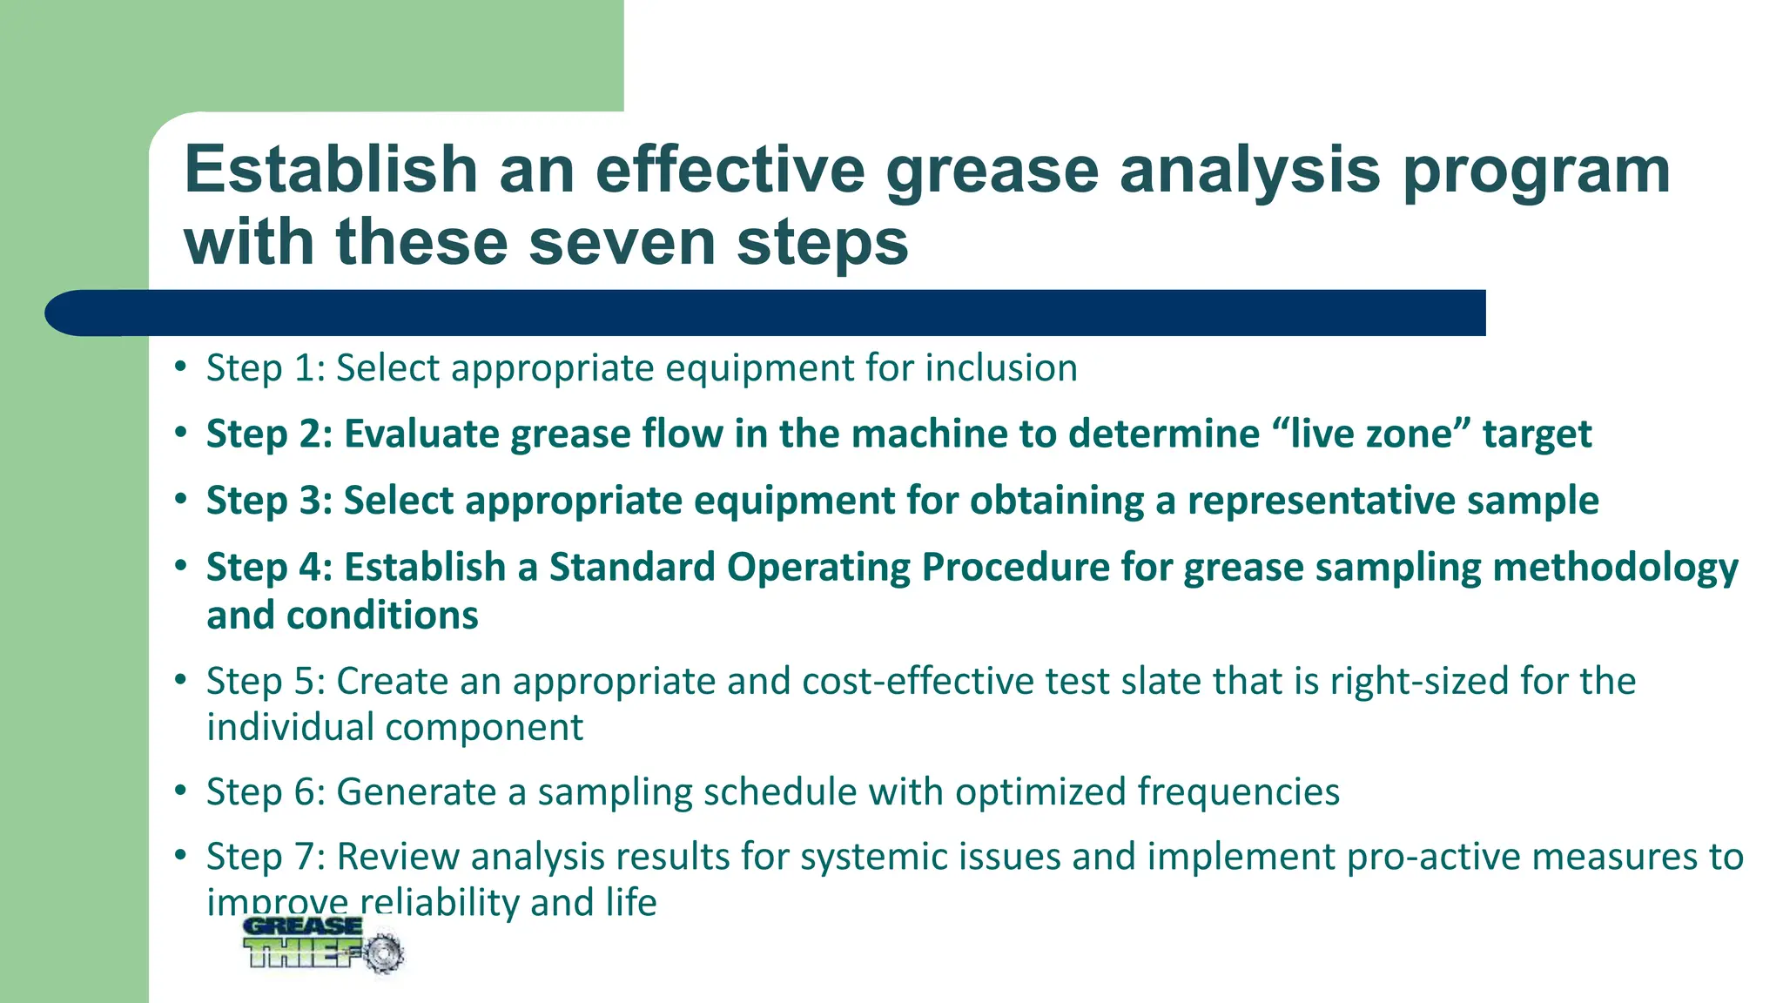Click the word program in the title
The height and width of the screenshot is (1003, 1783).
click(1536, 171)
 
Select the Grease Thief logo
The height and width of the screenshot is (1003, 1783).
click(322, 944)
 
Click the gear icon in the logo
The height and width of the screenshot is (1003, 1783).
click(382, 953)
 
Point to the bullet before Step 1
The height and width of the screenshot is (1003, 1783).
click(180, 367)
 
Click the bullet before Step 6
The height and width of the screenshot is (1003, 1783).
click(180, 791)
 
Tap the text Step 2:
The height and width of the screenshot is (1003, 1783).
click(269, 434)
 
